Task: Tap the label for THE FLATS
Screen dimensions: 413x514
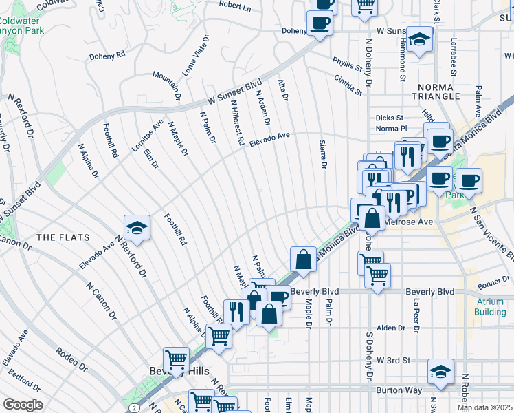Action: tap(63, 237)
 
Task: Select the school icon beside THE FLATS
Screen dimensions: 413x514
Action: tap(137, 228)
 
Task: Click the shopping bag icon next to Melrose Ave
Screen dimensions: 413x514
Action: tap(372, 219)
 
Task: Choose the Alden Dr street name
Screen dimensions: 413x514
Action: tap(391, 328)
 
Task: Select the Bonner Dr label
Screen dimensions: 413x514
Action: tap(493, 283)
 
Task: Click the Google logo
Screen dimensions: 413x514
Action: tap(23, 404)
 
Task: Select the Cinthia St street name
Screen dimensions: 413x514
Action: tap(348, 86)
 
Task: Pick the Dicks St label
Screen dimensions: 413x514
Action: tap(388, 118)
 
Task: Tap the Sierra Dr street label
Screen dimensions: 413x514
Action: tap(322, 155)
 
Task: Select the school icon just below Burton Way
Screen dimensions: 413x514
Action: tap(440, 372)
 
